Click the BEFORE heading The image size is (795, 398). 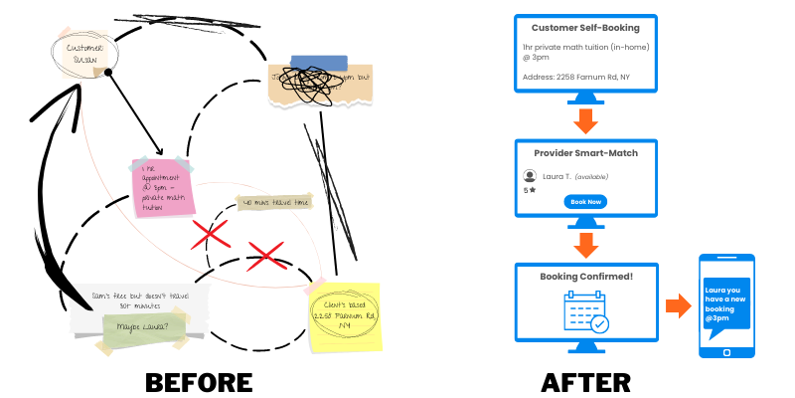pos(199,382)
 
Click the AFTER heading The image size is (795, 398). pos(585,382)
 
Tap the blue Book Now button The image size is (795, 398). pos(585,201)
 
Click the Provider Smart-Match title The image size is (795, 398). pos(585,152)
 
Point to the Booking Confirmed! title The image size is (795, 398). pos(585,276)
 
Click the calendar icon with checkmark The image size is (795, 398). pos(585,311)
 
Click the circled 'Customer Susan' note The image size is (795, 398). pos(85,53)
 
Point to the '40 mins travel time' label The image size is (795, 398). pos(275,203)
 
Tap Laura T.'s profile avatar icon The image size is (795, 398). pos(530,176)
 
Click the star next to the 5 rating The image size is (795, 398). pos(534,189)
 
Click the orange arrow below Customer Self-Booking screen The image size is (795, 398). pos(585,120)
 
